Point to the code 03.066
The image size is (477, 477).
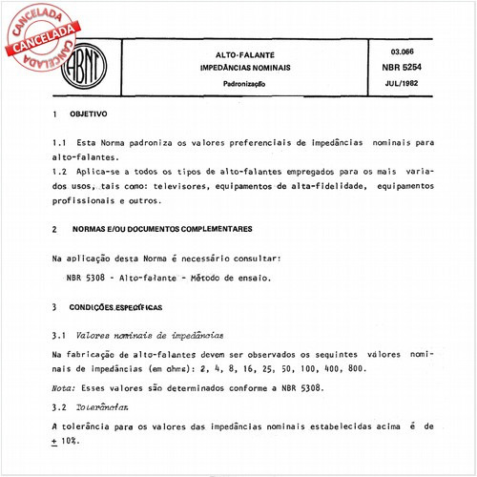tap(404, 51)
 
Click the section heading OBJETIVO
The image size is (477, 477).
tap(88, 114)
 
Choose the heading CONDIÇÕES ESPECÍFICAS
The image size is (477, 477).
tap(115, 308)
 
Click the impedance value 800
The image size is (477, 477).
tap(356, 367)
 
